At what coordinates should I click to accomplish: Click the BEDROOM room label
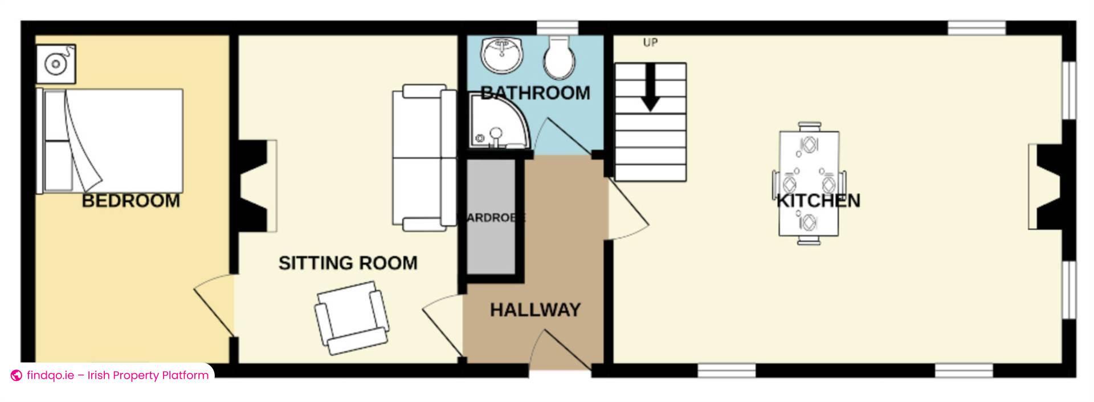[x=131, y=201]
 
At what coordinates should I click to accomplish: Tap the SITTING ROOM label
[x=348, y=263]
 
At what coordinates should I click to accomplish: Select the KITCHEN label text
[x=818, y=201]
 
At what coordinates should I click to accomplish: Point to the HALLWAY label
[x=535, y=310]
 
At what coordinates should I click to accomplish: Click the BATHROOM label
[x=535, y=93]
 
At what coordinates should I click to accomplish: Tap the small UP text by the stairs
[x=650, y=43]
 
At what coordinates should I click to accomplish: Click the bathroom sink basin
[x=502, y=55]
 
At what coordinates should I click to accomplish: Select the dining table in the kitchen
[x=809, y=184]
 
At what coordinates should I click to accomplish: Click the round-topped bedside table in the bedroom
[x=56, y=63]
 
